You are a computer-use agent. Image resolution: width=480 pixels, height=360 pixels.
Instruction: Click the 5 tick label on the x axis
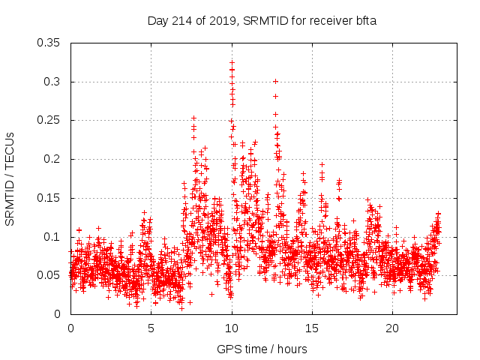(151, 328)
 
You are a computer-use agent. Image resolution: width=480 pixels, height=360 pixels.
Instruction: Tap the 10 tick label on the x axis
(232, 328)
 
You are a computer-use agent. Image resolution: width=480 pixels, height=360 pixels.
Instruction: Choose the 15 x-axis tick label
(312, 328)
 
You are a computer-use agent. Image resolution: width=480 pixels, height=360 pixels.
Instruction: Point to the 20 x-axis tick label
(392, 328)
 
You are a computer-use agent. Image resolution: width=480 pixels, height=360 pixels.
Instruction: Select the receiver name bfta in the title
(365, 20)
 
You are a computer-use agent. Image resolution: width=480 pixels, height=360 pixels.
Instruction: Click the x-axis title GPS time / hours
(262, 349)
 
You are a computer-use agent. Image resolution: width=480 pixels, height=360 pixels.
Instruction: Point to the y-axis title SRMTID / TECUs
(10, 178)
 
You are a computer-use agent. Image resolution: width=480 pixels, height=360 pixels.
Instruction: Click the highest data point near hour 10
(232, 62)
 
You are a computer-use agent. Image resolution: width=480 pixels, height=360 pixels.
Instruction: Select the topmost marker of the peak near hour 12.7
(275, 81)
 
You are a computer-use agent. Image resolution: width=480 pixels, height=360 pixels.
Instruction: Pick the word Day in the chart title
(159, 20)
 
